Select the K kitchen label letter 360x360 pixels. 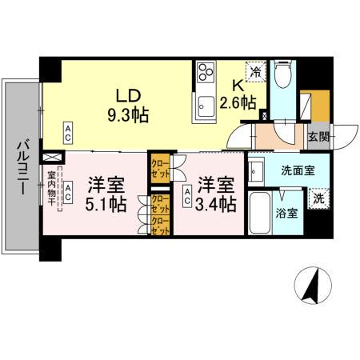238,85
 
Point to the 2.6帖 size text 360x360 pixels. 238,102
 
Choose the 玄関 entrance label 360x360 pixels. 318,135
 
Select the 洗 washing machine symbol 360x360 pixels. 317,198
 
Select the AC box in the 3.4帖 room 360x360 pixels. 187,193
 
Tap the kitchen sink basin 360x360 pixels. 205,103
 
